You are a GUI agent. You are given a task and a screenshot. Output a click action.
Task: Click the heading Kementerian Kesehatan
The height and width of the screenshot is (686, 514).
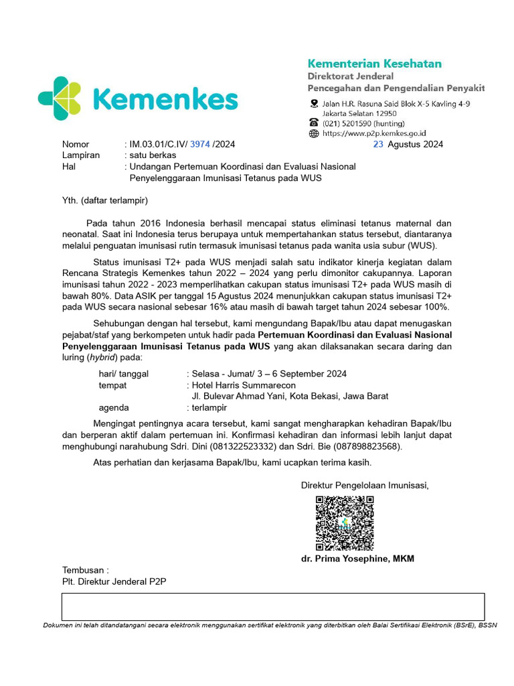point(374,64)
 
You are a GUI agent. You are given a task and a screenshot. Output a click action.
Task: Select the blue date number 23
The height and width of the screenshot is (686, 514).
point(378,144)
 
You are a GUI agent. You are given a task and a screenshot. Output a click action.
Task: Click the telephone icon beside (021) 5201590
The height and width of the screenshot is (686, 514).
point(314,123)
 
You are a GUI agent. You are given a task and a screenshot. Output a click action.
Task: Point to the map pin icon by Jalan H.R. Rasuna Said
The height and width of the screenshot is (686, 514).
point(314,104)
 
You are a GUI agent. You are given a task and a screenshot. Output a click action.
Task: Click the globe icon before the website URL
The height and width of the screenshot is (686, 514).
point(314,133)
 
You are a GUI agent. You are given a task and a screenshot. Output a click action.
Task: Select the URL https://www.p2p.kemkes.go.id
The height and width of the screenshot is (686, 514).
point(375,133)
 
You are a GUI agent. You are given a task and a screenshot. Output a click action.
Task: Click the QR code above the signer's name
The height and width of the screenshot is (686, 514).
point(344,523)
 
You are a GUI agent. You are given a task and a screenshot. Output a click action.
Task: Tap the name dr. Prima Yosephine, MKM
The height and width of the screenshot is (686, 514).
point(357,559)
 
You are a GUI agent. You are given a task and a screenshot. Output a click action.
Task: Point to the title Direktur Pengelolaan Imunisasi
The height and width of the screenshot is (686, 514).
point(365,485)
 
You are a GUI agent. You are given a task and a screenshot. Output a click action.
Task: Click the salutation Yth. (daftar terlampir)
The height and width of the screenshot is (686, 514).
point(104,200)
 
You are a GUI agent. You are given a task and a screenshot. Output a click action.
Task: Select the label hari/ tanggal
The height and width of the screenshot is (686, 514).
point(124,374)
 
